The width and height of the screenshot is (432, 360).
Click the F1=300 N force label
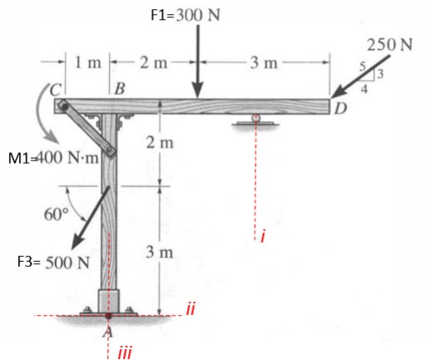[186, 15]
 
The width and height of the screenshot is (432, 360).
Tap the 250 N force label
[390, 45]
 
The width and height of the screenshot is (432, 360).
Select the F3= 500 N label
[53, 262]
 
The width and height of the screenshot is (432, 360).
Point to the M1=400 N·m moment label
[53, 158]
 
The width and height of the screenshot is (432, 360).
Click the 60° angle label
[56, 215]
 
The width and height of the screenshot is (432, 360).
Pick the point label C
[56, 89]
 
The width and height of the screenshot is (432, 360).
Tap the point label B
[120, 89]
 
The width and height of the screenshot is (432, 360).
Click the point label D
[340, 108]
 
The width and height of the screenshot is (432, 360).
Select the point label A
[108, 332]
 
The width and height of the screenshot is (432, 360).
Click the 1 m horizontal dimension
[87, 63]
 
